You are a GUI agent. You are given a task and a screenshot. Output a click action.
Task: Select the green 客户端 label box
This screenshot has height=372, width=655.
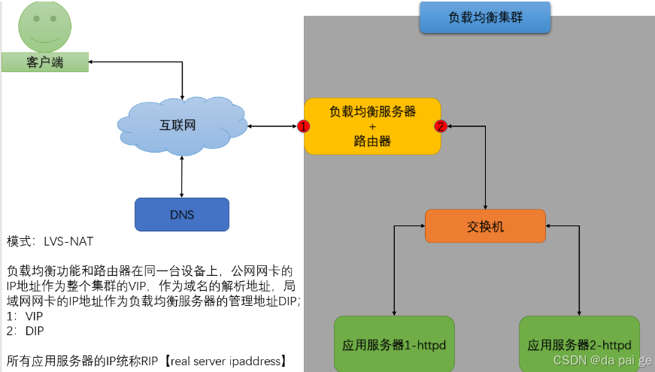click(44, 62)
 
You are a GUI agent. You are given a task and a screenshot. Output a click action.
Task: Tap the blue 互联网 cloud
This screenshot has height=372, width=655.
click(180, 125)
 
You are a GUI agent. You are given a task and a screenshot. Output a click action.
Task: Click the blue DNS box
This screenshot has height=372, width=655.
click(181, 214)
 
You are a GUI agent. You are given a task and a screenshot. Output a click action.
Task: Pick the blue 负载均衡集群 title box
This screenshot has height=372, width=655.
click(485, 17)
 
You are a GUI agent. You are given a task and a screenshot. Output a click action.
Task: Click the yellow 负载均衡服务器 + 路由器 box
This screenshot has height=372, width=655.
click(371, 126)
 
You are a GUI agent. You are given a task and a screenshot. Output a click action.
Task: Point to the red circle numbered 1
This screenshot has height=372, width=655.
click(304, 126)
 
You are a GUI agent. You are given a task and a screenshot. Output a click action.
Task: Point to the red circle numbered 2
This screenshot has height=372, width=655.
click(441, 126)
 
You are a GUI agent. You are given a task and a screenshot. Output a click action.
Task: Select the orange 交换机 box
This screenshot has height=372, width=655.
click(485, 226)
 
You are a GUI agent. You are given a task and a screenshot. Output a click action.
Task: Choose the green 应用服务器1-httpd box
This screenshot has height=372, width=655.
click(393, 345)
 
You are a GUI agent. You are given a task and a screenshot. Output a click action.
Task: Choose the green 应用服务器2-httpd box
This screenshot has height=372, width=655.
click(579, 345)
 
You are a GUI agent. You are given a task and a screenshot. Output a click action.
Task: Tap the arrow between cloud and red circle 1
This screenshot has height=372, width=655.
click(271, 126)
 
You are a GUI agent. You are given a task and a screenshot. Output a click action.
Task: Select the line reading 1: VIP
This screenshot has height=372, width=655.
click(25, 316)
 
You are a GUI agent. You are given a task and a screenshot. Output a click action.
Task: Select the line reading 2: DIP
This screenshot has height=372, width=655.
click(25, 331)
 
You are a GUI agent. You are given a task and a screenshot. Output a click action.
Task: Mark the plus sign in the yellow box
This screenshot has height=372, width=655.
click(371, 126)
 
